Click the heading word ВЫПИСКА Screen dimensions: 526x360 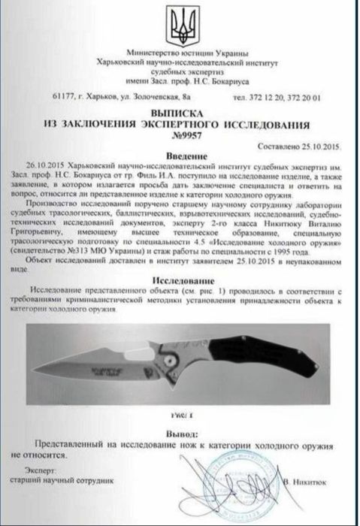click(x=180, y=109)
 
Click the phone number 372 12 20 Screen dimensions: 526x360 click(x=268, y=97)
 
